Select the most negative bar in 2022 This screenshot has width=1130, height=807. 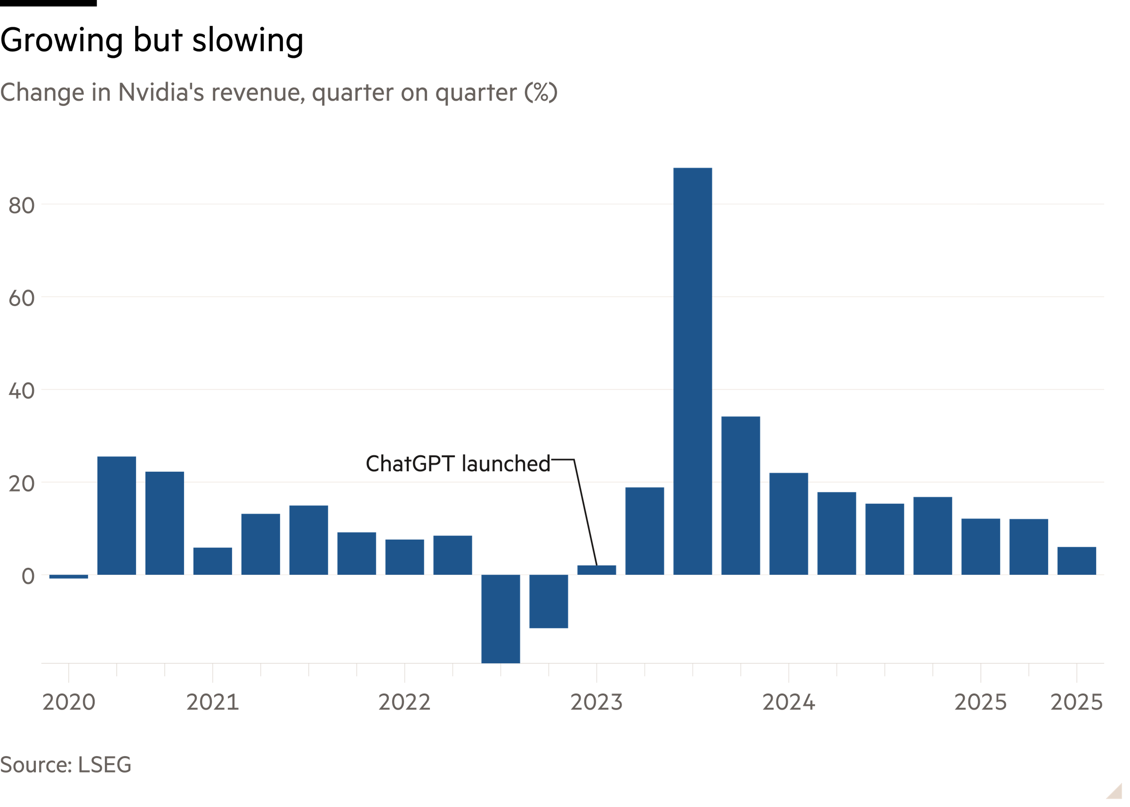[x=500, y=618]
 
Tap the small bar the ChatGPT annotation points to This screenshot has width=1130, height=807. [x=596, y=570]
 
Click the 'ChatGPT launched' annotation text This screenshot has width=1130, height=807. [x=458, y=464]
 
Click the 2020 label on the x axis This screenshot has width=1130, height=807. [x=69, y=702]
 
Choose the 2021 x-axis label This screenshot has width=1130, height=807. [x=212, y=702]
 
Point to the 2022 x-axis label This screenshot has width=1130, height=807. [x=404, y=702]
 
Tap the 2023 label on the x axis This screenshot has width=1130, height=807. [x=596, y=702]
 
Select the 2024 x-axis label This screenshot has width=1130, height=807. [x=788, y=702]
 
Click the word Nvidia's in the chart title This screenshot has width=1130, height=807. [x=161, y=92]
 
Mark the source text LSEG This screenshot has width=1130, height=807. [x=105, y=765]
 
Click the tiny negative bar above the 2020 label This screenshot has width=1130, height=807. [x=69, y=576]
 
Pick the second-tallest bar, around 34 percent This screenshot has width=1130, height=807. [x=741, y=495]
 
